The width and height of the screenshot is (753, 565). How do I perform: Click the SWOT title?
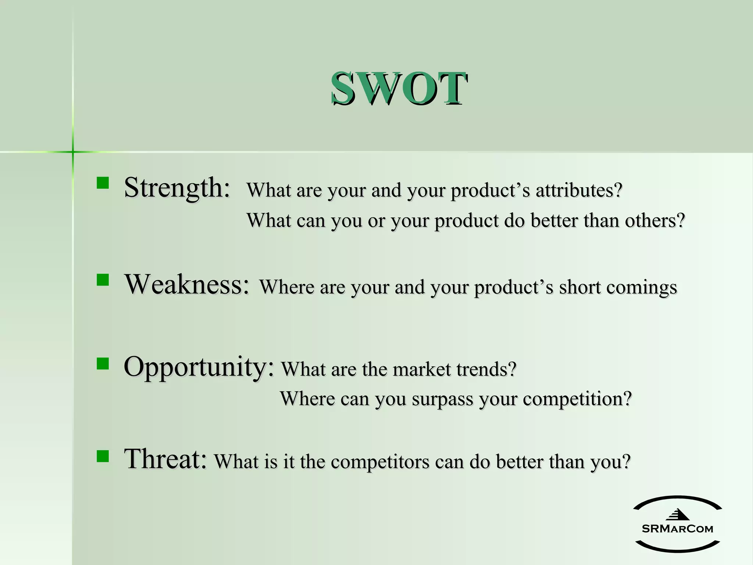tap(399, 88)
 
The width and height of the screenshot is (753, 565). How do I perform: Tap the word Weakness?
tap(187, 285)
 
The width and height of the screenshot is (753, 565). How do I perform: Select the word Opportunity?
tap(199, 367)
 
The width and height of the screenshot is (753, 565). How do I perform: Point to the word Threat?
tap(165, 459)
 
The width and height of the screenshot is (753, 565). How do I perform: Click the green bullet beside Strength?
tap(103, 183)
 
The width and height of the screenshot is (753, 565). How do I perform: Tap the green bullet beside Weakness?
tap(103, 280)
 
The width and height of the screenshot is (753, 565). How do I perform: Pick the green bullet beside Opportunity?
tap(103, 363)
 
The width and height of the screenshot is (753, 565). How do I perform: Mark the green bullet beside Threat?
tap(103, 456)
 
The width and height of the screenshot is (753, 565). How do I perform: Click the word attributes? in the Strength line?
tap(579, 191)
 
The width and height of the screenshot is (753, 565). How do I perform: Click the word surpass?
tap(442, 399)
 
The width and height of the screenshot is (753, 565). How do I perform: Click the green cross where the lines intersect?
tap(73, 152)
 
